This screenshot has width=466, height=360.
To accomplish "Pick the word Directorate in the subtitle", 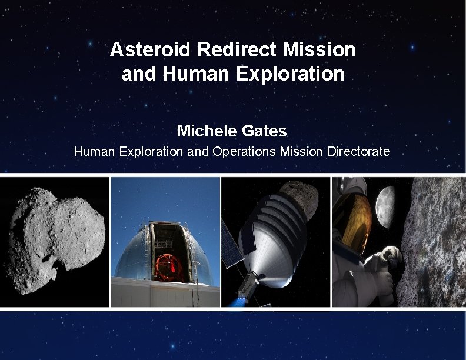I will pyautogui.click(x=358, y=152).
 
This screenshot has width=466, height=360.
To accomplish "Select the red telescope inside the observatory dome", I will pyautogui.click(x=171, y=265).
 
